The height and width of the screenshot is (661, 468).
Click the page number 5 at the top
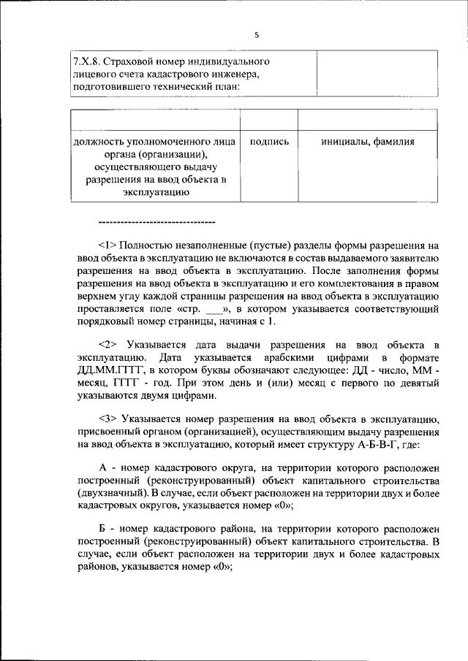pos(257,35)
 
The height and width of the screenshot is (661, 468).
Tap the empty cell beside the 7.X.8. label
pos(377,74)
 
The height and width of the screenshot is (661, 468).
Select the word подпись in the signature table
pos(269,142)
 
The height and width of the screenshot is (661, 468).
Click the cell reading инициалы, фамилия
pos(368,142)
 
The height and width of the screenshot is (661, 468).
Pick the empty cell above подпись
pos(269,120)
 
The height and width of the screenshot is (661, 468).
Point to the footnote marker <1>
pos(106,246)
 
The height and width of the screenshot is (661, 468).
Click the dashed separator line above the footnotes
pos(156,221)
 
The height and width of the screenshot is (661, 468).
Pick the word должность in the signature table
pos(98,142)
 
